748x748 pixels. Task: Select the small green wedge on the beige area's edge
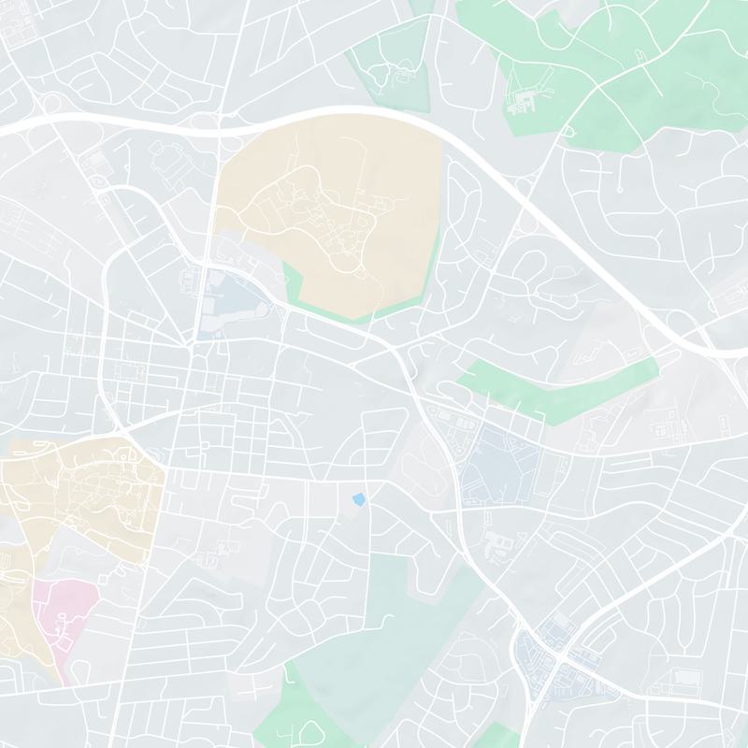(x=295, y=280)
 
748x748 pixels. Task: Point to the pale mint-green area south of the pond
(x=393, y=617)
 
